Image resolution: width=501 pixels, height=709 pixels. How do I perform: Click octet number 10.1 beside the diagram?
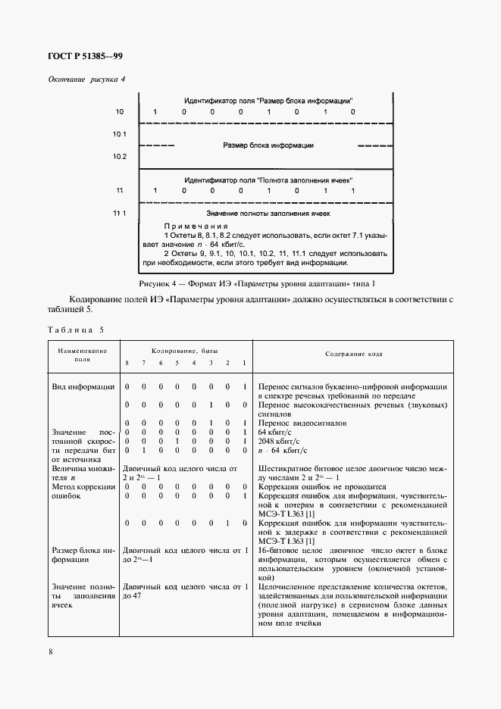tap(120, 134)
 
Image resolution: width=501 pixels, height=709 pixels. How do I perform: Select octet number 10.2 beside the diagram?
tap(120, 157)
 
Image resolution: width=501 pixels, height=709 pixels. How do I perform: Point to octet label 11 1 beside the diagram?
tap(120, 214)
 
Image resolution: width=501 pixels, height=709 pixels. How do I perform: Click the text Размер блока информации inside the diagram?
tap(268, 145)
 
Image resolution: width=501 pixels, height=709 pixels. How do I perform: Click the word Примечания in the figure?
tap(196, 226)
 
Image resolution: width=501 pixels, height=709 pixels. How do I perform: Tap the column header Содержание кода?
tap(354, 354)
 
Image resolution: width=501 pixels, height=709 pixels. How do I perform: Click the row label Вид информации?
tap(83, 387)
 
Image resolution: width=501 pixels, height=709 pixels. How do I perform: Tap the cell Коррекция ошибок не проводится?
tap(322, 486)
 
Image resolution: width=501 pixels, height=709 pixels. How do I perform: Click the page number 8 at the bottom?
tap(50, 650)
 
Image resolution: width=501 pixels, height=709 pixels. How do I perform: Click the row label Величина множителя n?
tap(83, 473)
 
